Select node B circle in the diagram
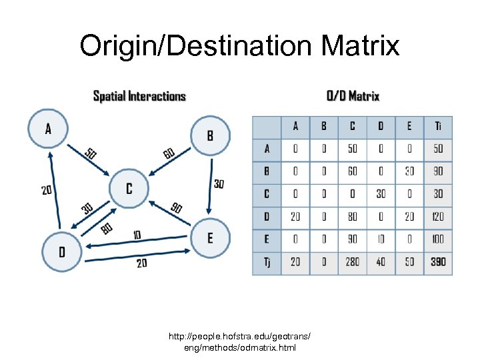[x=210, y=135]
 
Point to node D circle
[x=62, y=251]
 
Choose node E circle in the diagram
[x=211, y=239]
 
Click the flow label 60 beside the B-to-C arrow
[x=169, y=154]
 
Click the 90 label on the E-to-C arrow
[x=176, y=208]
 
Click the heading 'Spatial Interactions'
[x=139, y=96]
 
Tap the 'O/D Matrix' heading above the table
[x=353, y=96]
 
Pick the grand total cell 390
[x=437, y=262]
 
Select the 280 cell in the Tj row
[x=352, y=262]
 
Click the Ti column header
[x=437, y=127]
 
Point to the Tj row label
[x=267, y=262]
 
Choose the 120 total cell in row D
[x=437, y=217]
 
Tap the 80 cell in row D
[x=352, y=217]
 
